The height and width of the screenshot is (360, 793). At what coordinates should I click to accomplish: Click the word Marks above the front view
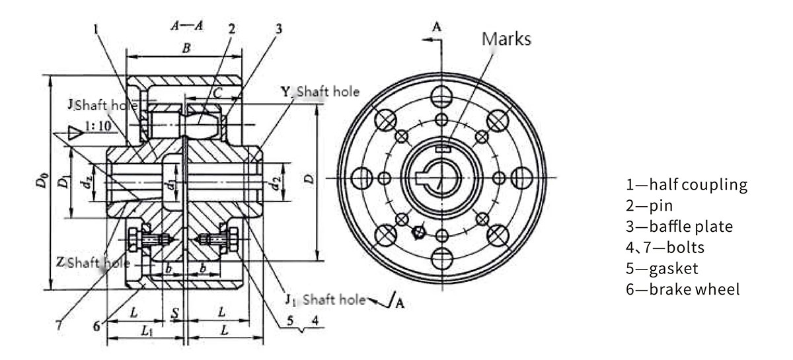[507, 39]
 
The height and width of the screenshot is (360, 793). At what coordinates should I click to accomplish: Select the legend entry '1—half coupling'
[687, 184]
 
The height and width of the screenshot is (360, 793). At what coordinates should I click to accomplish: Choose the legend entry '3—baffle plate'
[679, 227]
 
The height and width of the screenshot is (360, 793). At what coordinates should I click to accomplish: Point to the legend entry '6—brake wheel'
[683, 290]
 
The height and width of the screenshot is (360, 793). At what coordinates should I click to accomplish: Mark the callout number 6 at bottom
[96, 326]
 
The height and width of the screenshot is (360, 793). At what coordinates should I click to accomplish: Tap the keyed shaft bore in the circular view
[436, 178]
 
